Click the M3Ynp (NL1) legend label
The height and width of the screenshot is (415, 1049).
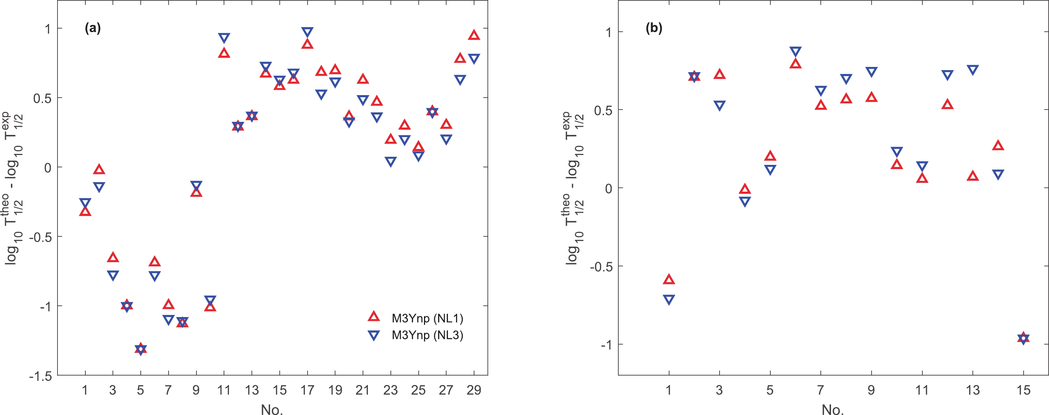(x=427, y=318)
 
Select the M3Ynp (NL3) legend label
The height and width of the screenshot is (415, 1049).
(x=427, y=335)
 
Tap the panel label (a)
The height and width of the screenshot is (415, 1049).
(x=92, y=28)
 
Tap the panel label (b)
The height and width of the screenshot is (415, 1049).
(x=654, y=28)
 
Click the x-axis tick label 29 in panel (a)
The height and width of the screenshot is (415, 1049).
(x=474, y=390)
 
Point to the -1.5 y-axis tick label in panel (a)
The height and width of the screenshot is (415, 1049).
(x=40, y=376)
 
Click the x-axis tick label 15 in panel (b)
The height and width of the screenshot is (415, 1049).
(x=1023, y=390)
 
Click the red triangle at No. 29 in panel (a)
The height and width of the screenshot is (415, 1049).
(x=474, y=35)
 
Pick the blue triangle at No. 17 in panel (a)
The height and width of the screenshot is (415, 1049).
(x=308, y=32)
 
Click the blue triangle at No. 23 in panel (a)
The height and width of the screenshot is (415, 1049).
(x=390, y=161)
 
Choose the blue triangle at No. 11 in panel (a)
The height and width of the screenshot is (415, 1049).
(x=224, y=38)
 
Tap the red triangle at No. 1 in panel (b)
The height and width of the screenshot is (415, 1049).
(x=669, y=279)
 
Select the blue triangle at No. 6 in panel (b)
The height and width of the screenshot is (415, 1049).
(x=795, y=52)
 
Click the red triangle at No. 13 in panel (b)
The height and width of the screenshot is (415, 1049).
(x=972, y=176)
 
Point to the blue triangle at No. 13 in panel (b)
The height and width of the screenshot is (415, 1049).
(x=972, y=69)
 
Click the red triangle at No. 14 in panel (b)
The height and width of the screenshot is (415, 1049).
(x=998, y=145)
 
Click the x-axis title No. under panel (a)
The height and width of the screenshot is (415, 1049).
(x=272, y=409)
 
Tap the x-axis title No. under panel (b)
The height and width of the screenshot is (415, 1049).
(x=832, y=409)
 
